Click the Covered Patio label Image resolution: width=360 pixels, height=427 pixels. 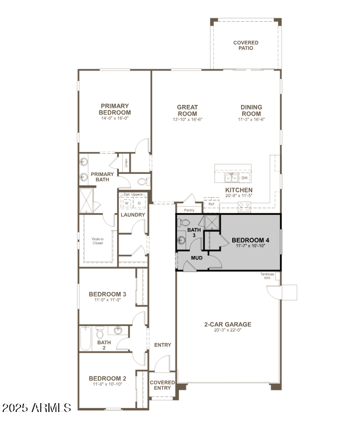click(245, 45)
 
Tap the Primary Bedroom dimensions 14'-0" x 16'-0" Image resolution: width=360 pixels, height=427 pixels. click(115, 118)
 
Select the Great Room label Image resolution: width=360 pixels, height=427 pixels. click(187, 110)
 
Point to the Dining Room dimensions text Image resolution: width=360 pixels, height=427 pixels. click(251, 119)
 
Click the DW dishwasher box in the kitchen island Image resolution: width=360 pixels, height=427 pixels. click(244, 178)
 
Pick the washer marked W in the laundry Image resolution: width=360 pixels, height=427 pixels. click(126, 203)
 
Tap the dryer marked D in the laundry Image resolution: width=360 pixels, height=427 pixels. click(139, 203)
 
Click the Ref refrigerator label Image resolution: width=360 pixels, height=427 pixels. click(211, 204)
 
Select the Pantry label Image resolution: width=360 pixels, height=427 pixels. click(189, 210)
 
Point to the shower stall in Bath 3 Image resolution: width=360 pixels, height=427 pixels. click(211, 222)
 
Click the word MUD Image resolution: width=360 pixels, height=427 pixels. click(197, 258)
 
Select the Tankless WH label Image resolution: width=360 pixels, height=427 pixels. click(267, 276)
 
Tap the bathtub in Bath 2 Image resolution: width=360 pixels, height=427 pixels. click(85, 338)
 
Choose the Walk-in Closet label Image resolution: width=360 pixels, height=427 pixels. click(98, 241)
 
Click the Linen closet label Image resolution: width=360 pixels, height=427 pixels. click(127, 163)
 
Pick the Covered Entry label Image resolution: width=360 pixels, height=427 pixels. click(162, 385)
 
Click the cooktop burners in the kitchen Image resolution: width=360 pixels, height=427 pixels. click(244, 206)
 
